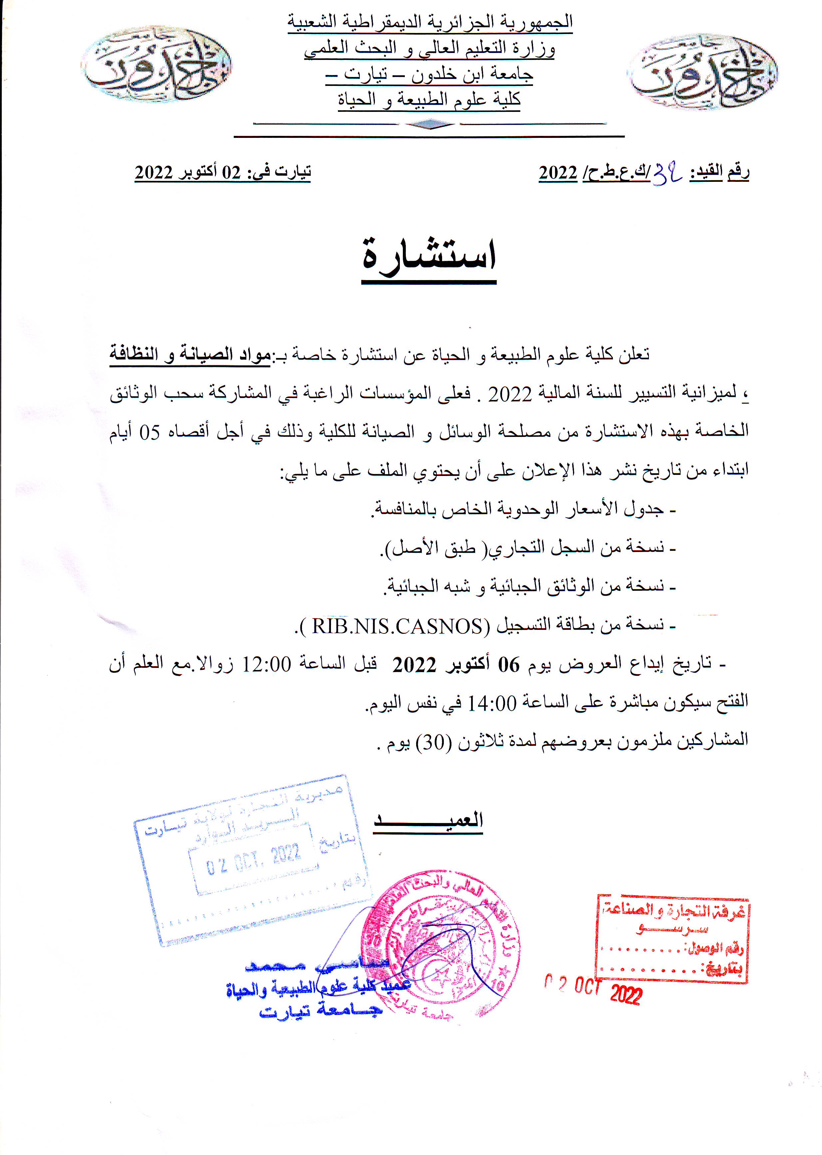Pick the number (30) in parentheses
(x=433, y=742)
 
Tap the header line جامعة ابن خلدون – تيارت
(x=429, y=75)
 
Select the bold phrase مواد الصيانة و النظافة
(x=190, y=354)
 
